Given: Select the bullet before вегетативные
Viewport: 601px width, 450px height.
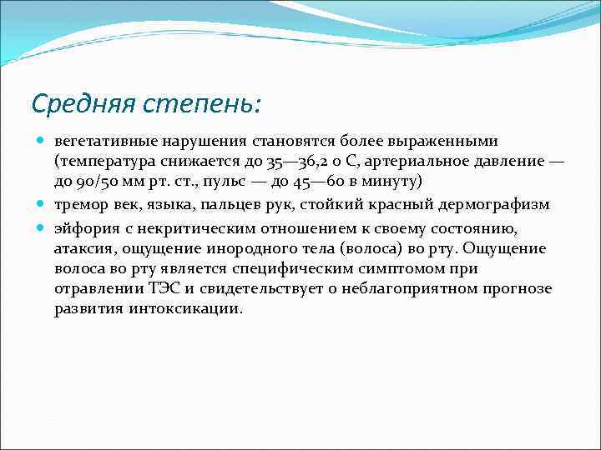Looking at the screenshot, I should click(x=40, y=140).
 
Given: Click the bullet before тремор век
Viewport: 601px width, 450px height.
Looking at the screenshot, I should click(x=40, y=205).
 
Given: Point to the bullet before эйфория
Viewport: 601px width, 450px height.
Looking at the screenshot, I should click(x=40, y=227).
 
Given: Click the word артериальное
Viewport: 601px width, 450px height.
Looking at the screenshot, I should click(x=442, y=162).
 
